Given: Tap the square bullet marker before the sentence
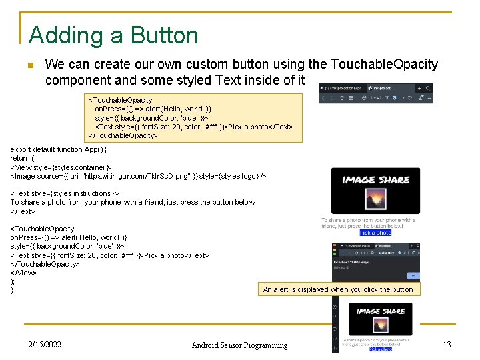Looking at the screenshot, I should coord(29,65).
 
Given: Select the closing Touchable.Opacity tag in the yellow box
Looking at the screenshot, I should coord(123,135).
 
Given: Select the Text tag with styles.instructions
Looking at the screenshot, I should coord(65,193).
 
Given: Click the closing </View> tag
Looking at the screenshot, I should coord(23,273).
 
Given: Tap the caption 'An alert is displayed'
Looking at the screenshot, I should coord(338,289).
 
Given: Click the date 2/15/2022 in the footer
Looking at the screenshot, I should coord(45,345).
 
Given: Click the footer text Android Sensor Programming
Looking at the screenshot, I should coord(239,345).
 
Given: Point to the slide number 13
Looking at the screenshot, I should coord(447,344).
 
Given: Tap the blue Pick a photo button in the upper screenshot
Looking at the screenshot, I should coord(375,233).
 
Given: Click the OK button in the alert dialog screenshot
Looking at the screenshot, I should coord(413,275).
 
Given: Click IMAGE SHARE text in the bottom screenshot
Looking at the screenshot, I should coord(380,311).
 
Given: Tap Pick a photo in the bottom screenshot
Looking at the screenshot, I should coord(380,349).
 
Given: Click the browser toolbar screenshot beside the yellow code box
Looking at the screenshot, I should coord(375,93).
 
